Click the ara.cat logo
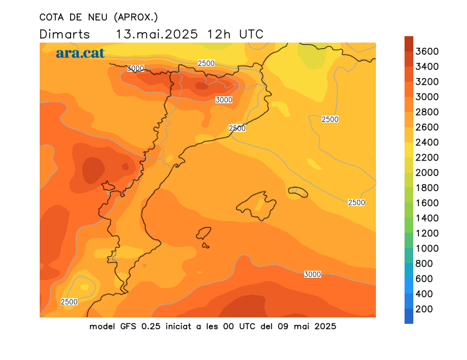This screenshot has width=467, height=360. point(80,53)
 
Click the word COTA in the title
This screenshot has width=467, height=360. point(51,18)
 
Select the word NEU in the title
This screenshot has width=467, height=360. point(97,18)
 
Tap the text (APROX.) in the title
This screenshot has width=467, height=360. point(136,18)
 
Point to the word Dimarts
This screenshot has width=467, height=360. point(65,34)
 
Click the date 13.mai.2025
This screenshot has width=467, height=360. point(156,34)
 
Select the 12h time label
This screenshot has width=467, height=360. point(218,34)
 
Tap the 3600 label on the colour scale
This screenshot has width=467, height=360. point(427,51)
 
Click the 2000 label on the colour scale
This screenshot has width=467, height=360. point(427,172)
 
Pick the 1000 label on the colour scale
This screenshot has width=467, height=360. point(427,249)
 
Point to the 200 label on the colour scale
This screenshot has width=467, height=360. point(424,309)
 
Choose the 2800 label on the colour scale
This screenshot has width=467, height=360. point(427,112)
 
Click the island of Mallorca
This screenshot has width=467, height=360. point(257,206)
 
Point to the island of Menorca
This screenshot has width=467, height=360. point(298,192)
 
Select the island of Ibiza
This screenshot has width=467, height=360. point(204,233)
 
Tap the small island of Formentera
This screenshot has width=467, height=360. point(205,246)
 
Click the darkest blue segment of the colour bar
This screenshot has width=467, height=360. point(409,316)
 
